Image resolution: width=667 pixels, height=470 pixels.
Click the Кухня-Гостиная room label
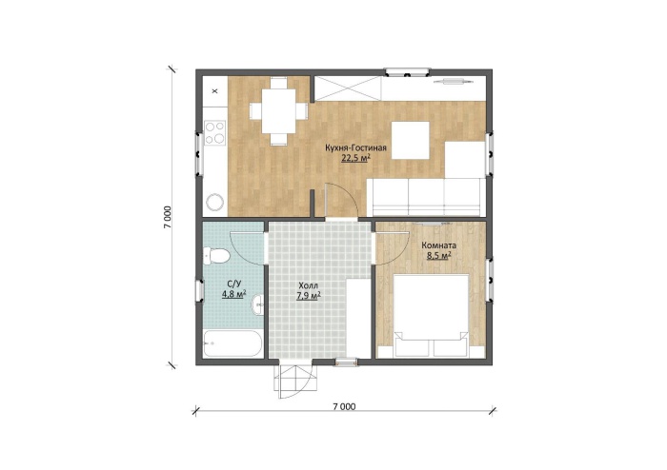click(355, 148)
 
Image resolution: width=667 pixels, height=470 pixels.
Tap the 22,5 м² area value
click(355, 158)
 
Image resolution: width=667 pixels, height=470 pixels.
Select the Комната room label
click(438, 245)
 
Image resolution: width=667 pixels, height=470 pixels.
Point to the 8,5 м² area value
click(438, 256)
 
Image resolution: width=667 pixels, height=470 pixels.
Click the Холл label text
click(308, 285)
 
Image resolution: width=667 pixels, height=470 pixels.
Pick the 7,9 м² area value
click(308, 296)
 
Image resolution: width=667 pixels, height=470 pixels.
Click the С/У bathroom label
click(233, 284)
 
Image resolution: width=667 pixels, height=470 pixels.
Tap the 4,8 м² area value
click(233, 294)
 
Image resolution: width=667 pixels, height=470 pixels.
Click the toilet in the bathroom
click(216, 256)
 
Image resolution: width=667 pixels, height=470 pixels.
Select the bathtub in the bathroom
click(232, 343)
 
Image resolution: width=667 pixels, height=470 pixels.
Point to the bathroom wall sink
click(258, 305)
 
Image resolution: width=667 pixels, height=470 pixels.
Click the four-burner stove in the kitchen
click(214, 132)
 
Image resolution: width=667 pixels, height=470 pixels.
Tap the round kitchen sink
click(214, 203)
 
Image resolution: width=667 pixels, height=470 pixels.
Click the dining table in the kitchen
click(278, 110)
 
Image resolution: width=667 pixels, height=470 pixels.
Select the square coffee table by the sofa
click(410, 140)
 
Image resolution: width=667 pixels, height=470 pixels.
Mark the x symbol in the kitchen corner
click(214, 90)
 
